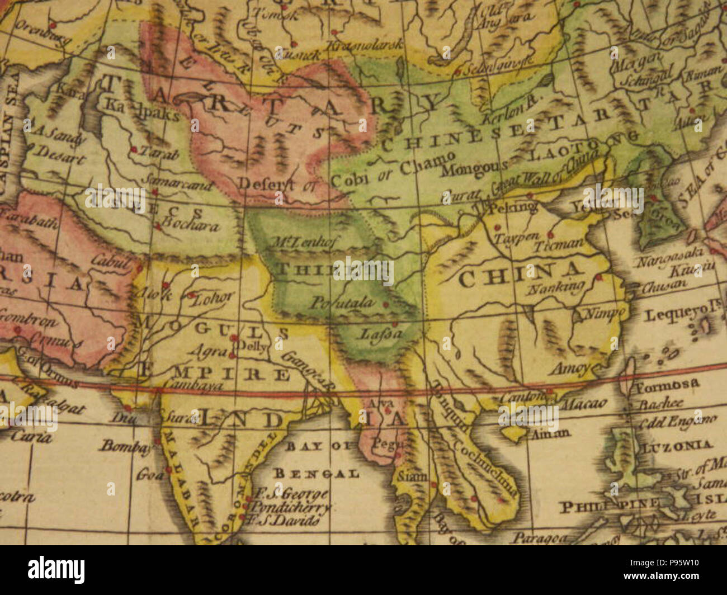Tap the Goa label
(x=147, y=476)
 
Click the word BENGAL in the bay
(x=316, y=474)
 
